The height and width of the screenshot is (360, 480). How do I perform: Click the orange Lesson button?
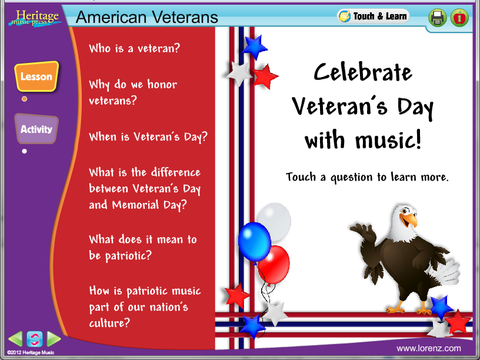point(36,76)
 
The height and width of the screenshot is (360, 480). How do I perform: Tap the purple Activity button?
point(36,129)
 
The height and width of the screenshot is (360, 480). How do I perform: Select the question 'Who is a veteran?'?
point(134,48)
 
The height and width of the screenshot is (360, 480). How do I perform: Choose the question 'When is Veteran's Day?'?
point(148,137)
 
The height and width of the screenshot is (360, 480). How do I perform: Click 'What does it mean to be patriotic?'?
point(143,247)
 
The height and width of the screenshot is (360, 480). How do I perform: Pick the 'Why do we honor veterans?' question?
point(133,92)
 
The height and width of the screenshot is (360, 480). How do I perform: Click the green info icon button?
point(459,18)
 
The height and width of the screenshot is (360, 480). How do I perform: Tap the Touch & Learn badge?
point(373,16)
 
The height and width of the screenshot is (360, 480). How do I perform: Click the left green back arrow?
point(15,339)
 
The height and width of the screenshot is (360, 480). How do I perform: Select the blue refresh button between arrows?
point(35,339)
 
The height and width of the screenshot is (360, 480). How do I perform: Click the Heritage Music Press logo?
point(35,18)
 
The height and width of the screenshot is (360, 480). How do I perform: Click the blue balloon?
point(254,242)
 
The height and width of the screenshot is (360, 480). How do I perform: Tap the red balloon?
point(274,265)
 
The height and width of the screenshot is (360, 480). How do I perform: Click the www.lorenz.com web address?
point(429,348)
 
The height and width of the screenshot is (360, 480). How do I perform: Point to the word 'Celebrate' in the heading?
point(363,72)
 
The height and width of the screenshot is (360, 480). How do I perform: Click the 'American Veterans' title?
point(147,17)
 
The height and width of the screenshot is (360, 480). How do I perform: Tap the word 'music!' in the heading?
point(388,140)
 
